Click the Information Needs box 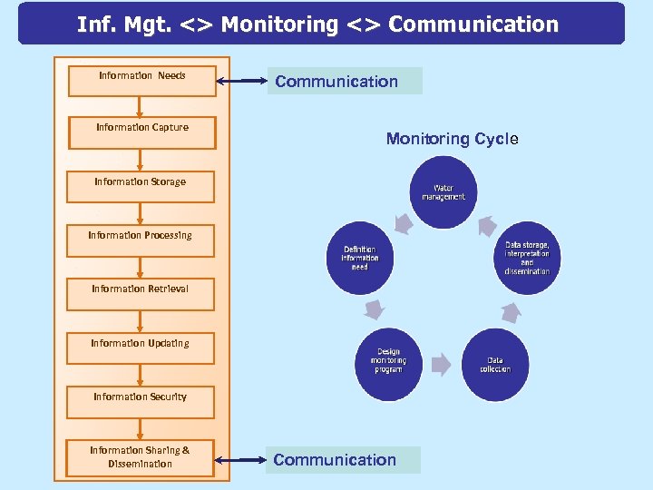pyautogui.click(x=141, y=80)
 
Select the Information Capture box pyautogui.click(x=141, y=132)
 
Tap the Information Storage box pyautogui.click(x=140, y=186)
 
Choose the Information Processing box pyautogui.click(x=140, y=240)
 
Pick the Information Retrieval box pyautogui.click(x=140, y=294)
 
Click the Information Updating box pyautogui.click(x=140, y=348)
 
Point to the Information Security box pyautogui.click(x=140, y=401)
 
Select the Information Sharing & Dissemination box pyautogui.click(x=140, y=456)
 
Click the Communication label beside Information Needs pyautogui.click(x=345, y=81)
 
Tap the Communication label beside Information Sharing pyautogui.click(x=345, y=459)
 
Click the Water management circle pyautogui.click(x=443, y=192)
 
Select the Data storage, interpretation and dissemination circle pyautogui.click(x=526, y=258)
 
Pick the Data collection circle pyautogui.click(x=494, y=364)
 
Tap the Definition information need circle pyautogui.click(x=359, y=258)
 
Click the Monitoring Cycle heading pyautogui.click(x=452, y=139)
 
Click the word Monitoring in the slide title pyautogui.click(x=279, y=24)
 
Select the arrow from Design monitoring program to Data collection pyautogui.click(x=441, y=365)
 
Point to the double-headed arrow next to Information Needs pyautogui.click(x=242, y=83)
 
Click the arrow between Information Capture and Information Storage pyautogui.click(x=140, y=159)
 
